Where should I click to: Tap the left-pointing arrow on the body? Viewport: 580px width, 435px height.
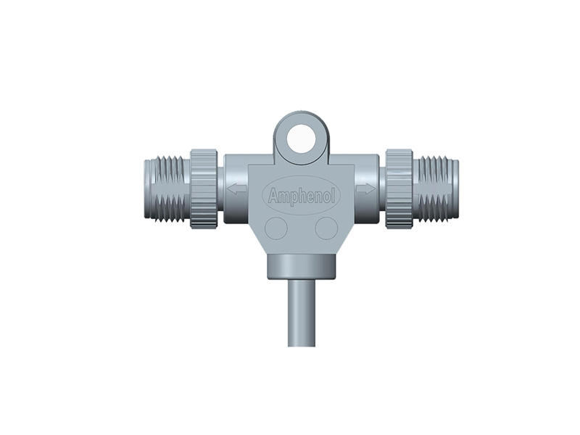(236, 189)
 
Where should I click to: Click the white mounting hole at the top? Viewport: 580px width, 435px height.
(301, 138)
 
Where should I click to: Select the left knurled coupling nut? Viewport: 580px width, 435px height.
(204, 188)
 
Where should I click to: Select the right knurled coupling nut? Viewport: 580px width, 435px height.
(399, 188)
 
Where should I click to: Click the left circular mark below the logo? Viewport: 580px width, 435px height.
(276, 228)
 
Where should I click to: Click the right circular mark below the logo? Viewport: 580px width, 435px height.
(326, 228)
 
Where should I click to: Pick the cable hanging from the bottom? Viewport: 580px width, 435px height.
(301, 312)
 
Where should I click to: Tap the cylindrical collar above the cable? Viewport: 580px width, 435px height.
(301, 266)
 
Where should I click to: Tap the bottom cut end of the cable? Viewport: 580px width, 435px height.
(301, 344)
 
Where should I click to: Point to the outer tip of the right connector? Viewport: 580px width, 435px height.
(456, 188)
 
